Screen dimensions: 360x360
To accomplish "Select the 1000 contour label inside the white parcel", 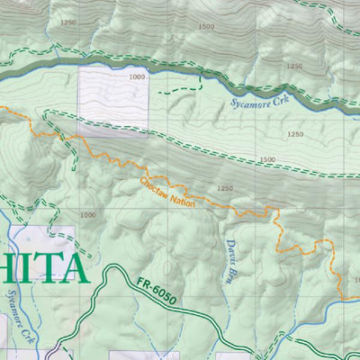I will pos(136,78).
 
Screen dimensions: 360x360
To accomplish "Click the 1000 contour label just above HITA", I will pos(87,215).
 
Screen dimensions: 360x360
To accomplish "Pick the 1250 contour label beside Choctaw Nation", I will pos(224,188).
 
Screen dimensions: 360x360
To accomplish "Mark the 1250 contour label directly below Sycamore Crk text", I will pos(295,134).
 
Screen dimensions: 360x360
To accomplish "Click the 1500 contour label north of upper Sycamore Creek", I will pos(205,27).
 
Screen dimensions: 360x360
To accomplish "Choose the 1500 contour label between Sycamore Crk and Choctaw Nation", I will pos(266,159).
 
